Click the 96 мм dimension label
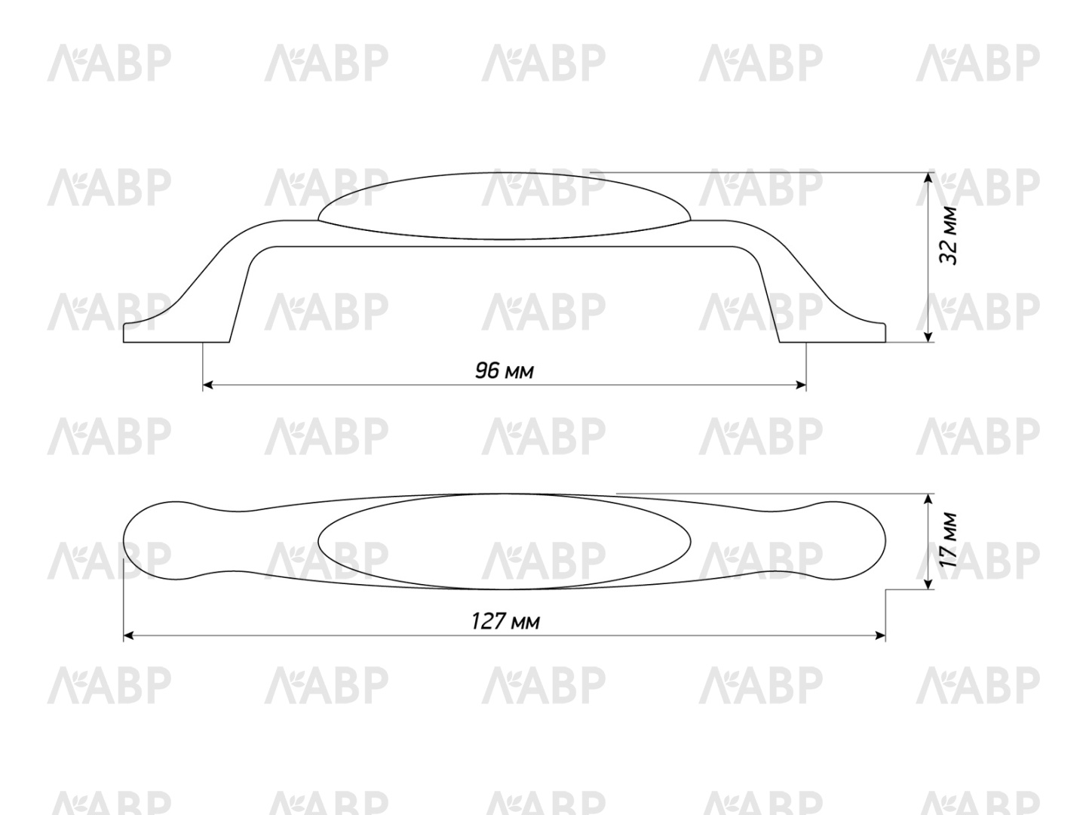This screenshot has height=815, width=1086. pyautogui.click(x=505, y=371)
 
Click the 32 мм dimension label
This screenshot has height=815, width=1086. pyautogui.click(x=948, y=235)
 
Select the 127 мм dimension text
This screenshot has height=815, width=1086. pyautogui.click(x=505, y=621)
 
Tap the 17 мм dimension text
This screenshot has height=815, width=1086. pyautogui.click(x=948, y=540)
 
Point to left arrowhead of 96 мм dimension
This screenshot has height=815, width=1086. pyautogui.click(x=208, y=385)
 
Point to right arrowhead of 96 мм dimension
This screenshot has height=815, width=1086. pyautogui.click(x=801, y=385)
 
